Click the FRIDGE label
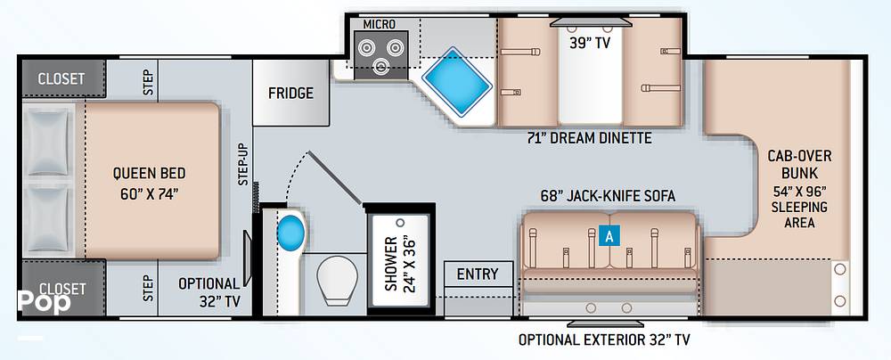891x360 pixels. click(x=290, y=94)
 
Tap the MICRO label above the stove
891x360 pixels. click(x=379, y=23)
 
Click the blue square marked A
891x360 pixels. click(x=609, y=236)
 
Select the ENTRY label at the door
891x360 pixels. click(x=478, y=274)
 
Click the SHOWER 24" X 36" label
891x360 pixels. click(x=397, y=264)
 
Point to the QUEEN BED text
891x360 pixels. click(x=149, y=183)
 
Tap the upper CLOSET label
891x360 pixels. click(x=61, y=78)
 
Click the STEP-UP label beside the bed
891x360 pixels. click(x=242, y=165)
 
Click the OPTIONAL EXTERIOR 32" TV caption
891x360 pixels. click(x=604, y=340)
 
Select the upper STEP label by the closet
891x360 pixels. click(x=148, y=82)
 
